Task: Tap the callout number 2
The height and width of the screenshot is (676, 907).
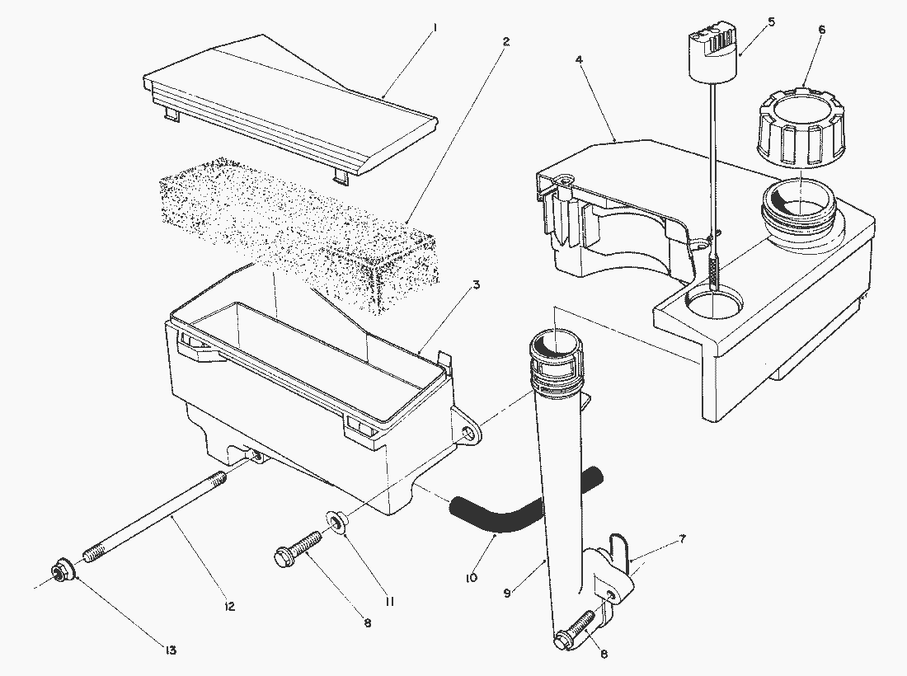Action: (x=505, y=41)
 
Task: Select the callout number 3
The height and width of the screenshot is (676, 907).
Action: (x=476, y=284)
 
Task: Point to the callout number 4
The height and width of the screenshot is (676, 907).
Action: (x=579, y=59)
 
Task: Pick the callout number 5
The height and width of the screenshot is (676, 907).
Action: (x=771, y=22)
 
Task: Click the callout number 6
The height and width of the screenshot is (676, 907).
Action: (x=822, y=31)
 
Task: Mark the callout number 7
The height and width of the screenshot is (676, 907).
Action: (x=683, y=539)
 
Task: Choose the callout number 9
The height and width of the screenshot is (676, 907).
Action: (x=507, y=593)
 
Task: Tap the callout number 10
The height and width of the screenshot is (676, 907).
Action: (x=472, y=578)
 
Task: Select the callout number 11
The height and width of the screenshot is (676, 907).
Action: (x=390, y=602)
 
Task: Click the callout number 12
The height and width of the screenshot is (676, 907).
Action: (x=230, y=607)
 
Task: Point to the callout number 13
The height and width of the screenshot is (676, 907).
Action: (x=170, y=650)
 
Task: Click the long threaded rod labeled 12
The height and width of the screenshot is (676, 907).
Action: (x=154, y=517)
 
